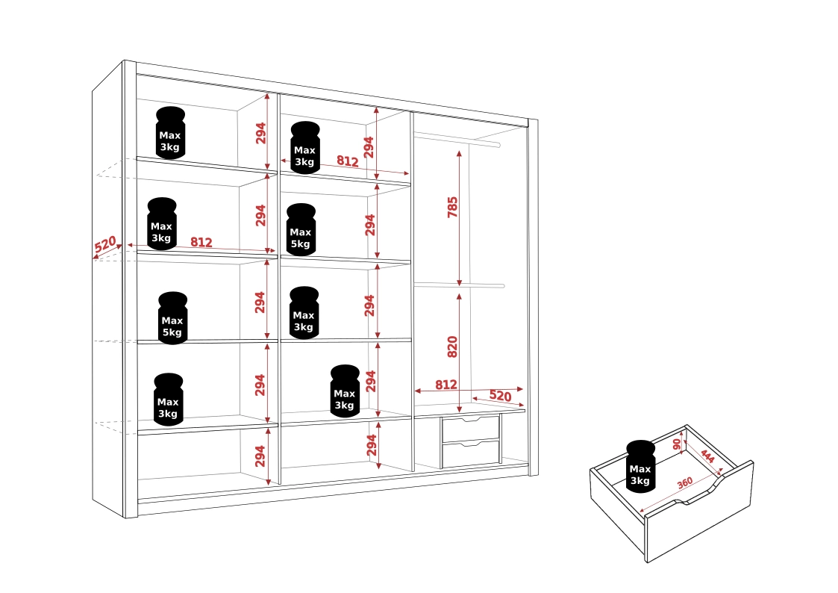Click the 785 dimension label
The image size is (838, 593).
(x=453, y=207)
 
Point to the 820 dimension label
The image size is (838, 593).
(x=453, y=347)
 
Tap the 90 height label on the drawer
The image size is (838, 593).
(x=677, y=444)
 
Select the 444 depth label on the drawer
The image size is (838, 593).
(x=707, y=456)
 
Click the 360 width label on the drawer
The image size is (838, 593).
(x=685, y=483)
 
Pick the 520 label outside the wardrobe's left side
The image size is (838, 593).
(x=105, y=244)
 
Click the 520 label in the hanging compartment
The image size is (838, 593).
(x=500, y=396)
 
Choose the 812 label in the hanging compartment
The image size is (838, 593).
(x=446, y=385)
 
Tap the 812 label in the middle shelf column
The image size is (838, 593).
(x=348, y=161)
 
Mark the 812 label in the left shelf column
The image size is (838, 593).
(x=201, y=242)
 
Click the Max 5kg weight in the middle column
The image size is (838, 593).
(x=301, y=229)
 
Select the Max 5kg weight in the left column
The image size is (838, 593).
(x=172, y=317)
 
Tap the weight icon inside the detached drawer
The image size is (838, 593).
(x=641, y=466)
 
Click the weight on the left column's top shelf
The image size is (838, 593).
(x=170, y=133)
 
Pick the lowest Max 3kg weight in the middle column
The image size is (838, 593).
(x=345, y=391)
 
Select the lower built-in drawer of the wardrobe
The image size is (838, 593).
(x=471, y=454)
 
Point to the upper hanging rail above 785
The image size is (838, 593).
(x=457, y=140)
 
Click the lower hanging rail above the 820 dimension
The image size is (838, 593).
(x=459, y=285)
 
